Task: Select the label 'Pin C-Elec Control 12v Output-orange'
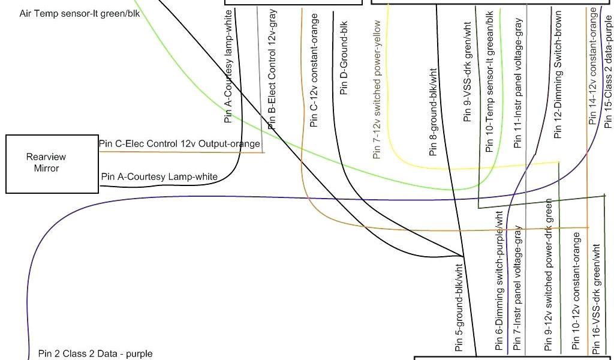coord(179,144)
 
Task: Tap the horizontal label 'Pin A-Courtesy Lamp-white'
coord(159,176)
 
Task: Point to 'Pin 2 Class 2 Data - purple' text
coord(95,353)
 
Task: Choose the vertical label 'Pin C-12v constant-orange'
coord(314,71)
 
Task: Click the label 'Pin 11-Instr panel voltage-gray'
coord(518,81)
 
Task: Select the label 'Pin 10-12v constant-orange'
coord(576,290)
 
